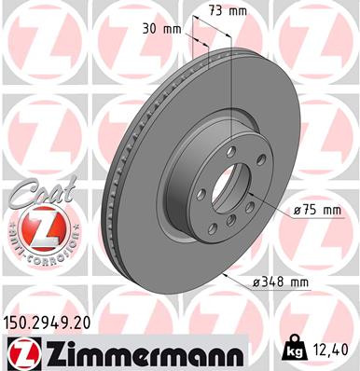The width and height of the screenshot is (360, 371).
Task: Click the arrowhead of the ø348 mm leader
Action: tap(228, 277)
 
